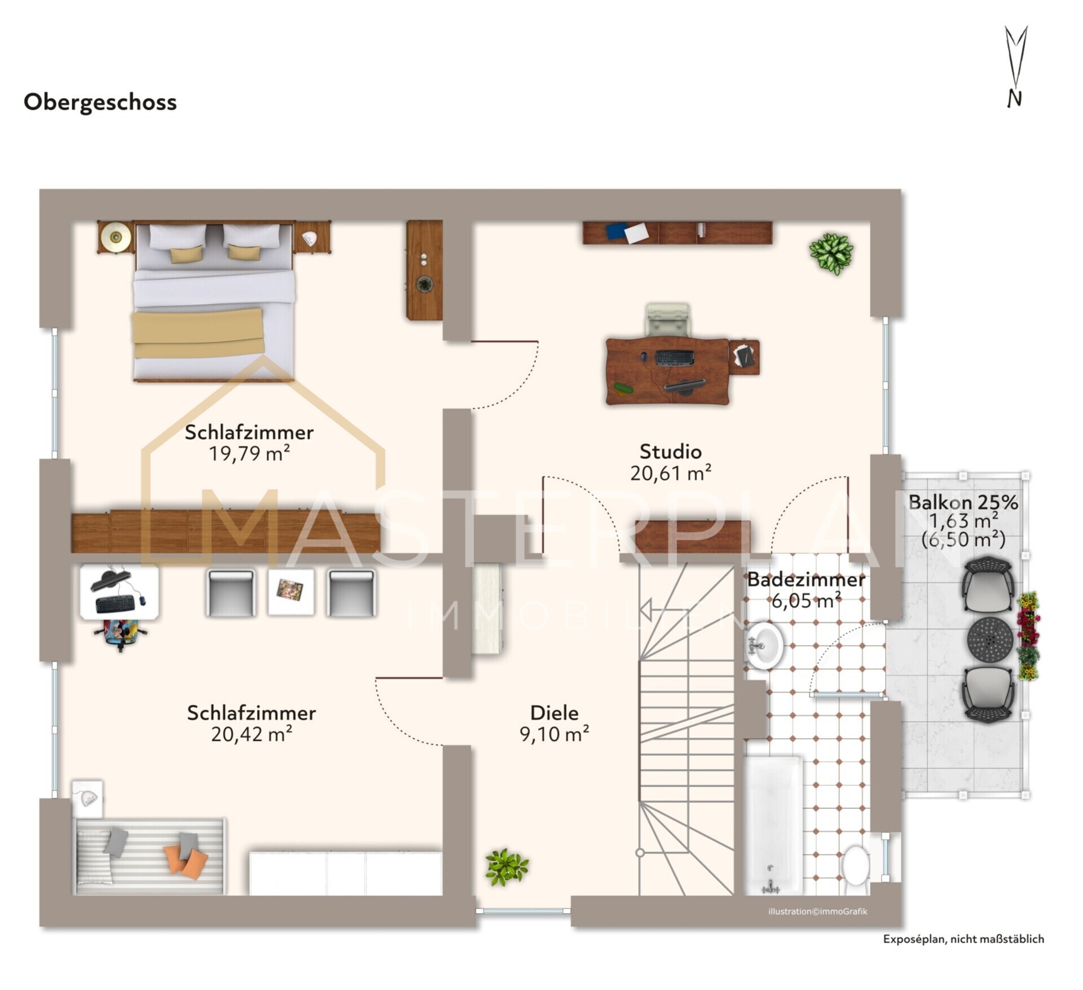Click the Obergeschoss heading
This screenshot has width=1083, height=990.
100,103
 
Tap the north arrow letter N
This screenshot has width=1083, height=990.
1014,99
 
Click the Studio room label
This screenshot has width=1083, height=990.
670,452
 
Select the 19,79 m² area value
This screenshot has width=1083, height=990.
249,453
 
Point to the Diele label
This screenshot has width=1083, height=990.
554,713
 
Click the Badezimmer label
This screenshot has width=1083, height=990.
806,580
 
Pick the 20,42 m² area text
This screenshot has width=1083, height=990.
252,734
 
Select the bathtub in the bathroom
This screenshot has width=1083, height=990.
773,825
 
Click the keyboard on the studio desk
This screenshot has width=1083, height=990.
675,357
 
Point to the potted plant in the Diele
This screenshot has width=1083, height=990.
507,867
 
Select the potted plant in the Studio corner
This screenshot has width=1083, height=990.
831,253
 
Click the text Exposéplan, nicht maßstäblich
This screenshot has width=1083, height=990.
963,939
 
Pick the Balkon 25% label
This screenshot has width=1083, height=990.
963,502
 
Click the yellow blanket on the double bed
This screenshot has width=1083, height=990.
199,332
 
